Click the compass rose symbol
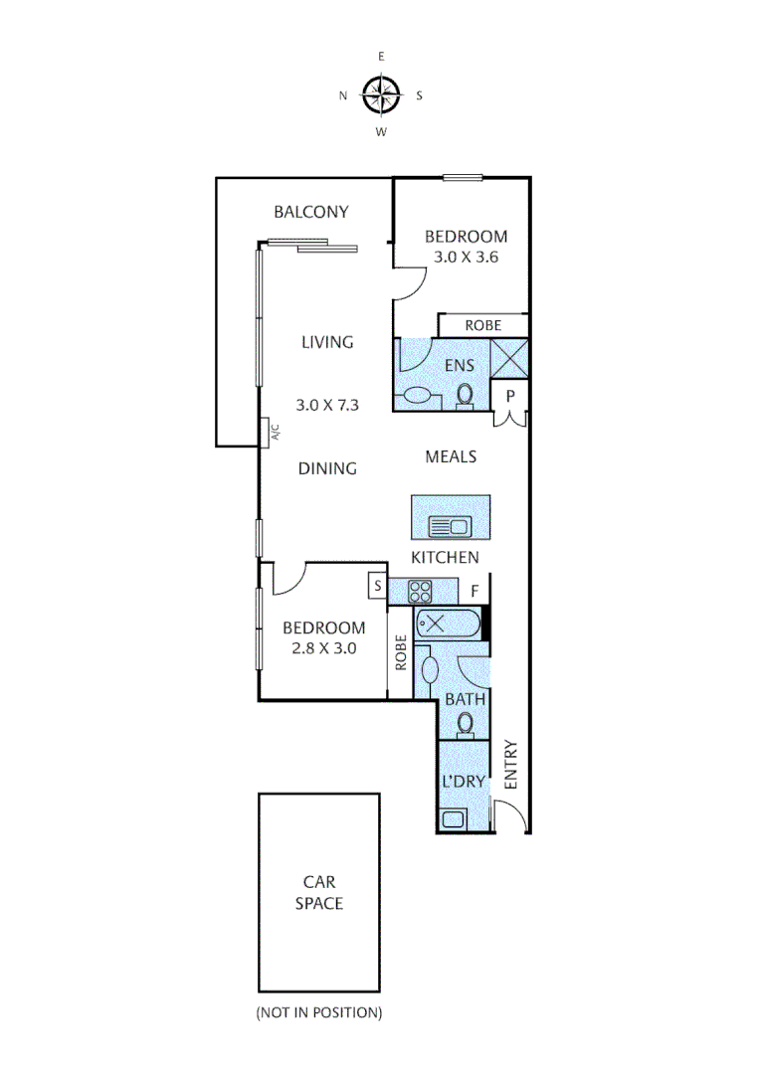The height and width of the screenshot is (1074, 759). [x=380, y=94]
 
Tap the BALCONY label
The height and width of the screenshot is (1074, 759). [x=311, y=211]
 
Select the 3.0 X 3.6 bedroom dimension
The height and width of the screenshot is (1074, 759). [x=466, y=257]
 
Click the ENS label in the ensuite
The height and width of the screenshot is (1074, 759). [x=460, y=365]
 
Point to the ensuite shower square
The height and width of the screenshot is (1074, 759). [x=510, y=359]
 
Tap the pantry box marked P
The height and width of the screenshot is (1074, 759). [x=510, y=395]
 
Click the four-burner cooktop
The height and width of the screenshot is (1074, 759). [x=419, y=591]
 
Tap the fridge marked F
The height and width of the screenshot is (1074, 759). [x=475, y=591]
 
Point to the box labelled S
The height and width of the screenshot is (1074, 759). [x=378, y=586]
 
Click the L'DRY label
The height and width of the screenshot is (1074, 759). [x=464, y=782]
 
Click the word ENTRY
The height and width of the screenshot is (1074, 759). [x=511, y=765]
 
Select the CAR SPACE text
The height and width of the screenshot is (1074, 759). [x=319, y=892]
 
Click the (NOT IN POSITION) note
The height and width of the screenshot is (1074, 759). [x=318, y=1012]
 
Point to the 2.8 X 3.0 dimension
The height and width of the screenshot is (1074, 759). [x=323, y=647]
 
